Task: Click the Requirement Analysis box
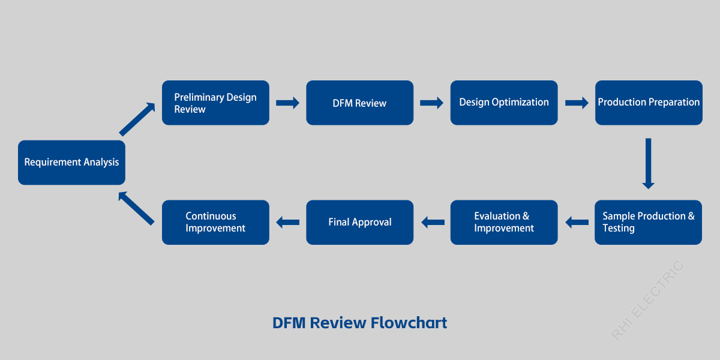tap(71, 163)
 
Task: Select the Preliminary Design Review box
tap(215, 103)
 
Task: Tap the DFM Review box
tap(359, 103)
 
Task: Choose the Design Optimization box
tap(504, 103)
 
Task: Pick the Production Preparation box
tap(649, 103)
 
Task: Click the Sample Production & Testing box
tap(648, 222)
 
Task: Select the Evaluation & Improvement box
tap(504, 222)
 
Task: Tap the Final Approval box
tap(359, 222)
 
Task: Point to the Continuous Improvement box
tap(215, 222)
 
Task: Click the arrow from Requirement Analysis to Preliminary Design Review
tap(137, 119)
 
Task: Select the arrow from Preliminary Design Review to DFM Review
tap(287, 103)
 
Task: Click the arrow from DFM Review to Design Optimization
tap(431, 103)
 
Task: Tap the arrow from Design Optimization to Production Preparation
tap(577, 103)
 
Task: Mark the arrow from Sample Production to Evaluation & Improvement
tap(577, 223)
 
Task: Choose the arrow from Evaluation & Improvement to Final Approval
tap(433, 223)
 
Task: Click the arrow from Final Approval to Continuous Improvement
tap(288, 223)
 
